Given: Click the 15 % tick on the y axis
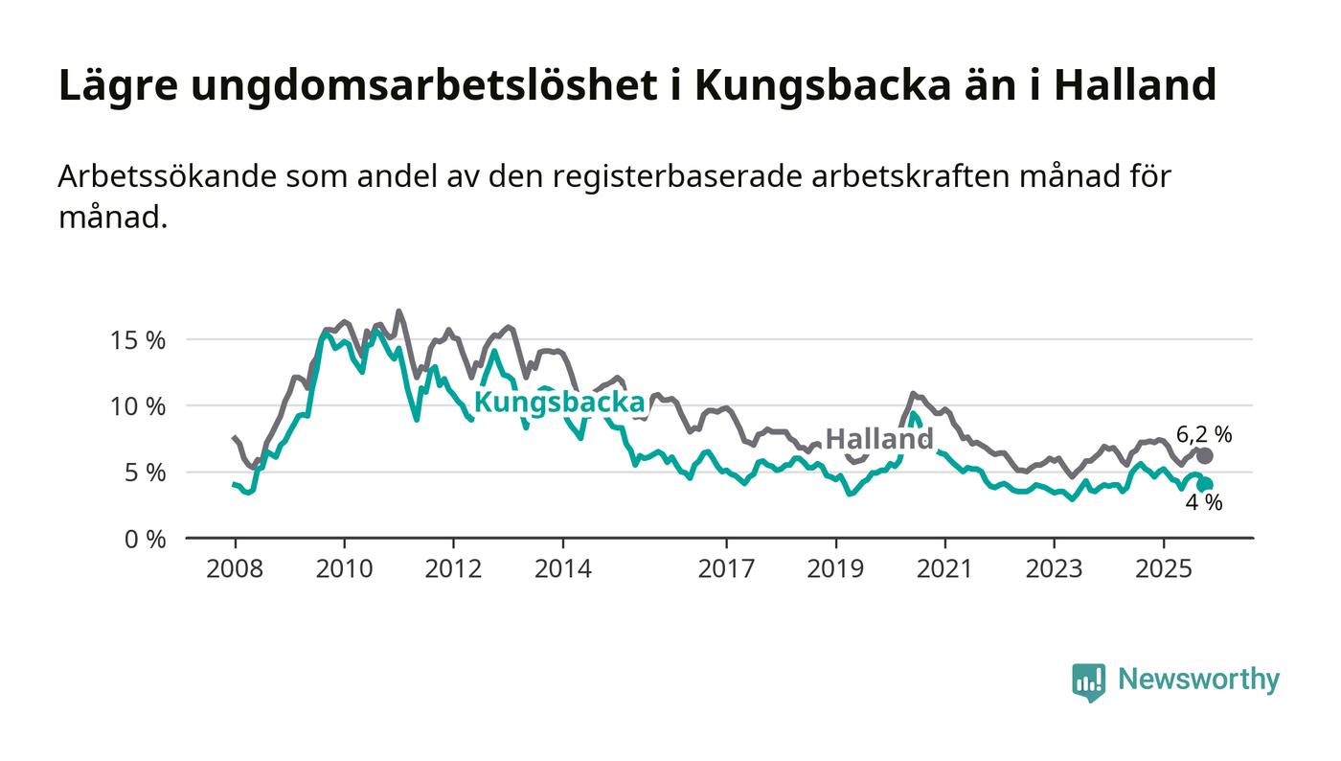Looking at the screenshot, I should pyautogui.click(x=139, y=340).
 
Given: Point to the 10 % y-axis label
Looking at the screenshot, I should pyautogui.click(x=139, y=406).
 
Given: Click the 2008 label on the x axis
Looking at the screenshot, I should pyautogui.click(x=235, y=568).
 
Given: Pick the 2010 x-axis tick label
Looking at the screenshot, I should pyautogui.click(x=344, y=568).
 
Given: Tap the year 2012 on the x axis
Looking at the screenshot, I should pyautogui.click(x=453, y=568).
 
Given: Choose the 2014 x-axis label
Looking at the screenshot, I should pyautogui.click(x=563, y=568).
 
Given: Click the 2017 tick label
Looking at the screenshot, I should pyautogui.click(x=727, y=568).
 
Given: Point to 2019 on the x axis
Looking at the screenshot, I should pyautogui.click(x=836, y=568).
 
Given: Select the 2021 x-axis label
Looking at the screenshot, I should pyautogui.click(x=945, y=568).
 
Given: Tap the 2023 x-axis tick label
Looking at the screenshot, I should pyautogui.click(x=1055, y=568).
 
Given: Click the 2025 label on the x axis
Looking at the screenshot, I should pyautogui.click(x=1164, y=568).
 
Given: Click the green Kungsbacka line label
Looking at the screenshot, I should pyautogui.click(x=559, y=403).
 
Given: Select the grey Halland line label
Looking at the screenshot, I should pyautogui.click(x=878, y=439).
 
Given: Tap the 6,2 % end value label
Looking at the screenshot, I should pyautogui.click(x=1204, y=434).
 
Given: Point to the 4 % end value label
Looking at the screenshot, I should pyautogui.click(x=1204, y=502).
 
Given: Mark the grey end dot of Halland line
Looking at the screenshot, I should pyautogui.click(x=1205, y=456).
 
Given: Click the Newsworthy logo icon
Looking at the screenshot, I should pyautogui.click(x=1088, y=681).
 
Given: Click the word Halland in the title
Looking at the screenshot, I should pyautogui.click(x=1135, y=86).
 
